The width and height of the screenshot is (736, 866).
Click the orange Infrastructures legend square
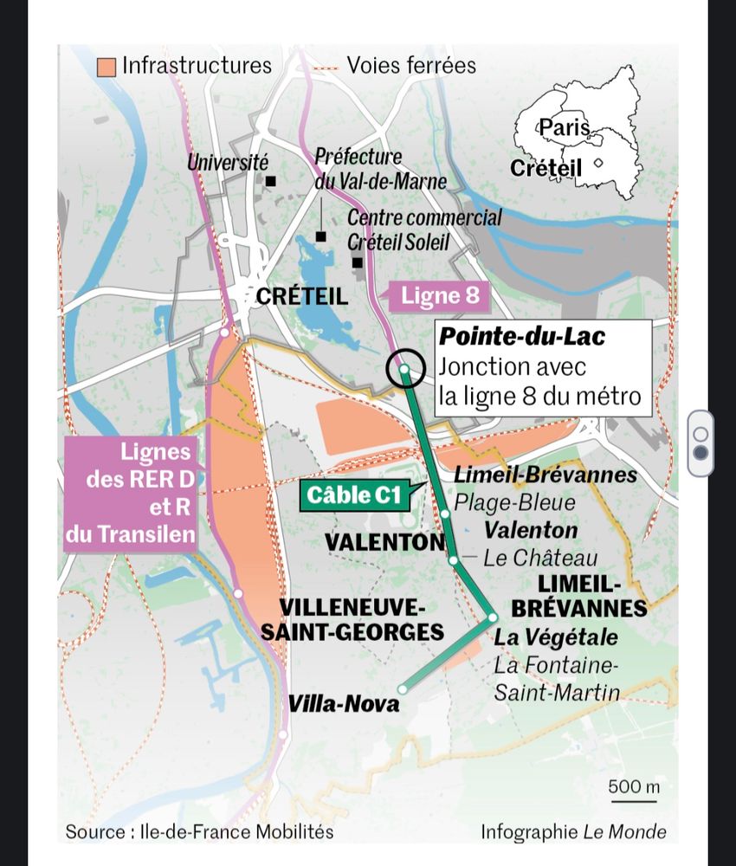[107, 67]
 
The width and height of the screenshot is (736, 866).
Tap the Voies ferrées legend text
[411, 65]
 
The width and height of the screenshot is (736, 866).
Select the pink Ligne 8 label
[440, 297]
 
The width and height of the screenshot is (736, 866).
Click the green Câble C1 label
[354, 496]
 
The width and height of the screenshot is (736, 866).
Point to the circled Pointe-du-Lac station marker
[404, 369]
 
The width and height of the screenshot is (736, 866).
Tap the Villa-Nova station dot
[402, 689]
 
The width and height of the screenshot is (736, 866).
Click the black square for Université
[270, 182]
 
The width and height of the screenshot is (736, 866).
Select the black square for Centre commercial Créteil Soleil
[356, 262]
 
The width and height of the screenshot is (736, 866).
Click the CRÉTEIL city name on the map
[301, 297]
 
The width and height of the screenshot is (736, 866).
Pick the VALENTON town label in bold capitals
[384, 543]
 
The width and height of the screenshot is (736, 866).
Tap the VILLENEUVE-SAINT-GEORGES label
[352, 619]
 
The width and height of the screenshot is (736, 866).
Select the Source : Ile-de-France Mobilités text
[199, 832]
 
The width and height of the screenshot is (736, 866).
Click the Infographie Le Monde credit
[573, 832]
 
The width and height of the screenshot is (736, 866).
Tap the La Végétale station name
[556, 638]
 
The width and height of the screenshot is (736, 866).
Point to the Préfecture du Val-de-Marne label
[380, 169]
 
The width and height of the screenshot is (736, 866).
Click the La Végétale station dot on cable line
[492, 617]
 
